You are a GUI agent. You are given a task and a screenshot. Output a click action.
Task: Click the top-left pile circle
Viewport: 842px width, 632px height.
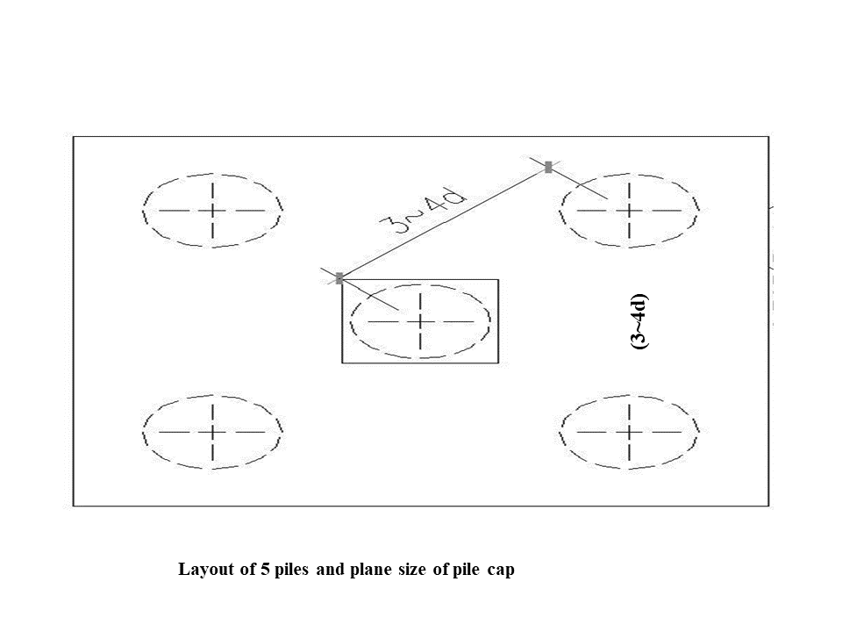pos(213,211)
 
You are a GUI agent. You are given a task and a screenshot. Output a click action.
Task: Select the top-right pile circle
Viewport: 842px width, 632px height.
pos(630,211)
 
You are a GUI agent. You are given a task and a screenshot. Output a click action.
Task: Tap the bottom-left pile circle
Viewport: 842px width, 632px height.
pos(213,432)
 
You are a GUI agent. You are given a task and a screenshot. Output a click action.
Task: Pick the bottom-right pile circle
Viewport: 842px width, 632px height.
pos(630,432)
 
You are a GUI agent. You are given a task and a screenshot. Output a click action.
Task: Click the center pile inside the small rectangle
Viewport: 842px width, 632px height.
pos(421,321)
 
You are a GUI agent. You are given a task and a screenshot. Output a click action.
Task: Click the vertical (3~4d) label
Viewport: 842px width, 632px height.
pos(641,320)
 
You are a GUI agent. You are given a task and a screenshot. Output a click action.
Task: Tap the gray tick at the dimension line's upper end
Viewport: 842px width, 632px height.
pos(548,167)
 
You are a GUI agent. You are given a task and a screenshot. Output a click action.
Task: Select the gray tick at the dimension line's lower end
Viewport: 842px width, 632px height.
pos(339,278)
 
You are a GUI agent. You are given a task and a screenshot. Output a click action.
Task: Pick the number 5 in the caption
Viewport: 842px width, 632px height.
pos(266,570)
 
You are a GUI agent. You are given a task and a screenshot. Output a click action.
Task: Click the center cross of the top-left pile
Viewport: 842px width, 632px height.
pos(213,211)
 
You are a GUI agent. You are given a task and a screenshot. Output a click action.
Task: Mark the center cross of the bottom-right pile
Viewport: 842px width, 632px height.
pos(630,432)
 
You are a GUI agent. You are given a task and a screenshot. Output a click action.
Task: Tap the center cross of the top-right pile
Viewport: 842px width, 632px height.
pos(630,211)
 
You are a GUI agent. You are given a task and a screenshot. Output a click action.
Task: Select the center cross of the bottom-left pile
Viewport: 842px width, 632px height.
pos(213,432)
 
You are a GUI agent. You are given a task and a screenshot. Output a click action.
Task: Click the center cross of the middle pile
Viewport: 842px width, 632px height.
pos(421,321)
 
